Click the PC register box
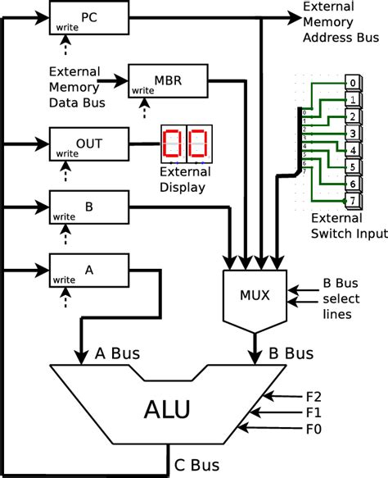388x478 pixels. point(89,18)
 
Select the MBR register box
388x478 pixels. point(169,82)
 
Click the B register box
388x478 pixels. point(89,205)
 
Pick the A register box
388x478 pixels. point(89,268)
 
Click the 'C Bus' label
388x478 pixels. point(197,466)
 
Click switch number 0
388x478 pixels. point(351,83)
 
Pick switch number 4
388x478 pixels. point(351,150)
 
